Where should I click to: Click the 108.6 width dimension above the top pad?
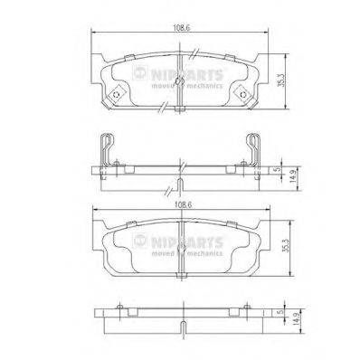[x=181, y=27]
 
